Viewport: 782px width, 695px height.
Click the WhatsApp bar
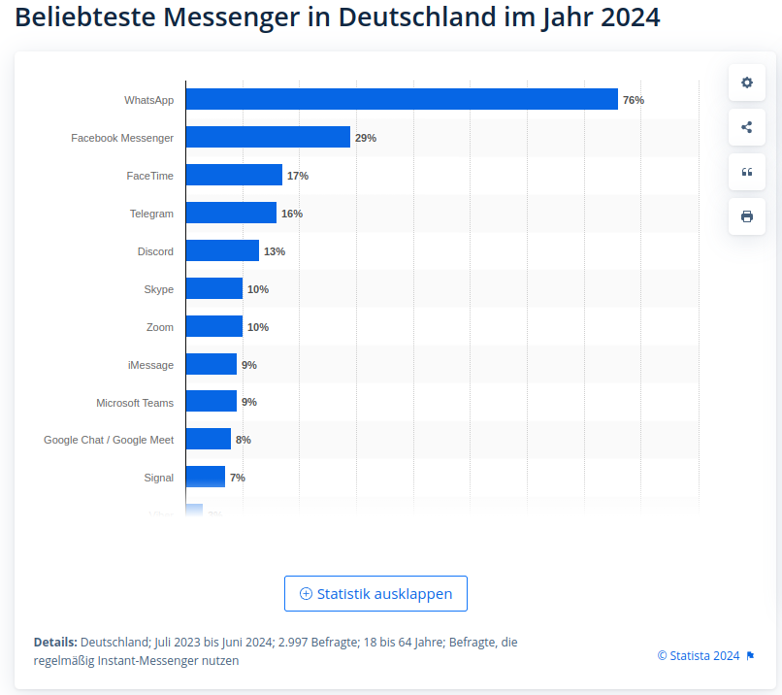tap(402, 99)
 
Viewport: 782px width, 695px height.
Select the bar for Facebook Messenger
tap(268, 137)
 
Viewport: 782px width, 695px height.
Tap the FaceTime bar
tap(234, 175)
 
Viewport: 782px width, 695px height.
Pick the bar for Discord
tap(222, 250)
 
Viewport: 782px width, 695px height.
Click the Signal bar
tap(205, 477)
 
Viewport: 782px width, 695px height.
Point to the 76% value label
tap(634, 100)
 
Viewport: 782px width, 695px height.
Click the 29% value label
tap(366, 138)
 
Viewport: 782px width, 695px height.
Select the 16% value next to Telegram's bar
tap(292, 214)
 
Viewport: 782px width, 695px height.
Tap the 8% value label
tap(244, 440)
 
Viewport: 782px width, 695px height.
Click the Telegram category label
tap(151, 214)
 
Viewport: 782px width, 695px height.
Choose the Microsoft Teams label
tap(135, 402)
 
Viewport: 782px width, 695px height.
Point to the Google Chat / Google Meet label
tap(109, 440)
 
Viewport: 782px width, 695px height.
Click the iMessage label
tap(150, 365)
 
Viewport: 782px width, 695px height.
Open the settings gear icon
tap(747, 83)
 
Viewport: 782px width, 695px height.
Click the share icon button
tap(747, 127)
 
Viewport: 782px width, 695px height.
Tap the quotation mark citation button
tap(747, 172)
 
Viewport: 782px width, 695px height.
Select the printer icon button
tap(747, 216)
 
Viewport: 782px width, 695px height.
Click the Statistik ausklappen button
tap(375, 594)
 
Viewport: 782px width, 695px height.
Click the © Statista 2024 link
tap(699, 655)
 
